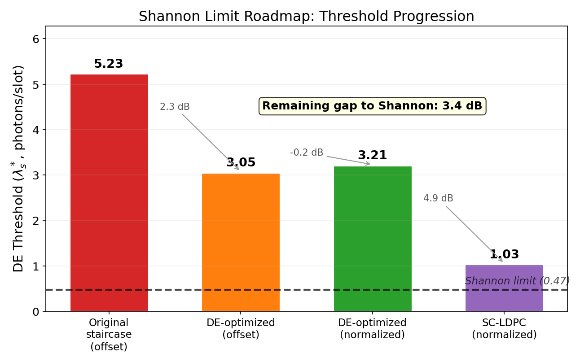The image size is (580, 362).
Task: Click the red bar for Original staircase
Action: coord(109,193)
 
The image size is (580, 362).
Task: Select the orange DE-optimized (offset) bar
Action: coord(241,242)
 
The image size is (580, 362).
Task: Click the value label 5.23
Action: coord(108,64)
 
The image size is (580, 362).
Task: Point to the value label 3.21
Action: coord(372,156)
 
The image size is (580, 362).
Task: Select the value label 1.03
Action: coord(504,255)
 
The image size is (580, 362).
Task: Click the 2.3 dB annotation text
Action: coord(175,107)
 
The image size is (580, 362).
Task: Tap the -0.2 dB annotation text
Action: coord(307,153)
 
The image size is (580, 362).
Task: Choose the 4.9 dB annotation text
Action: coord(438,198)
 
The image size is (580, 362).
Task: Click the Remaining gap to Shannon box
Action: coord(372,106)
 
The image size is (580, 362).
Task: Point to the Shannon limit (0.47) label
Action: coord(517,281)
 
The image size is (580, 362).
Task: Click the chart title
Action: coord(306,17)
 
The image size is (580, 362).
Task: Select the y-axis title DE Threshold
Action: coord(19,168)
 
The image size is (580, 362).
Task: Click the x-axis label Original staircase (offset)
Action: coord(109,335)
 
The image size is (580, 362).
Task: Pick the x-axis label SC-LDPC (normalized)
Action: coord(504,329)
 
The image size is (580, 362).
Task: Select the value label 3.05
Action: coord(241,163)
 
